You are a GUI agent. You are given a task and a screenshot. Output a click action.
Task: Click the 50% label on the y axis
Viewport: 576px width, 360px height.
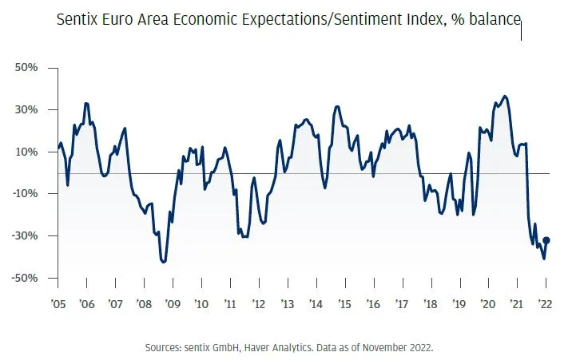click(26, 68)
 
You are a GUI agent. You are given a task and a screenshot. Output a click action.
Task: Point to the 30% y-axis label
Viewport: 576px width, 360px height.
click(26, 110)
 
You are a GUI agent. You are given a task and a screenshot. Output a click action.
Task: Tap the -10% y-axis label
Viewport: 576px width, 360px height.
click(25, 194)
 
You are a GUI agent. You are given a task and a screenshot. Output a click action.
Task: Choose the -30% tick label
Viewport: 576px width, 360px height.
click(25, 236)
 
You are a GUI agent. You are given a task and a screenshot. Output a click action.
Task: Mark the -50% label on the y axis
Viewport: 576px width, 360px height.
click(25, 278)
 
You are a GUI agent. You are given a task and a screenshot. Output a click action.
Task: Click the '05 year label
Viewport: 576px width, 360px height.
click(58, 304)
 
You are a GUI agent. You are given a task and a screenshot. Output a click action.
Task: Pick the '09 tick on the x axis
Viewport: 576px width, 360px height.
click(172, 304)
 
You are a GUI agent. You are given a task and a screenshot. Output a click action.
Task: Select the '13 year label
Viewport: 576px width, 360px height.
click(286, 304)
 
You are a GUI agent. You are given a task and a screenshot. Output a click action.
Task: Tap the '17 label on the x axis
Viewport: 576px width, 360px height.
click(401, 304)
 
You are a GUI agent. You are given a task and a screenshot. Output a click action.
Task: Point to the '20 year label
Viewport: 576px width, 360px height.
click(487, 304)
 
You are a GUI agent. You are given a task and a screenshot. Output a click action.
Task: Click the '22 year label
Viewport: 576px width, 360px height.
click(546, 304)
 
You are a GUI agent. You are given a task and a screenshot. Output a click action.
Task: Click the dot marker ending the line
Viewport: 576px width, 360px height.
click(546, 240)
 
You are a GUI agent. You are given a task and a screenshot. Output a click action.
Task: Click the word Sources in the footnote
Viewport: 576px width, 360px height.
click(163, 348)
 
